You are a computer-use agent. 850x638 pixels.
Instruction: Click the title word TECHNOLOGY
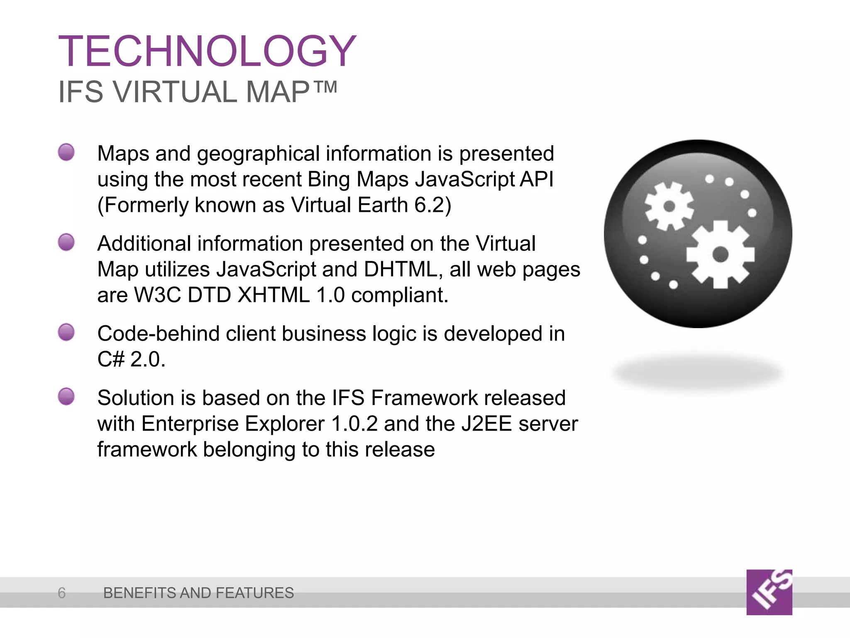click(207, 51)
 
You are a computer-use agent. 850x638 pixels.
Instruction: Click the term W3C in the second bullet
click(157, 295)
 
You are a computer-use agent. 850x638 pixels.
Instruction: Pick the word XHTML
click(274, 295)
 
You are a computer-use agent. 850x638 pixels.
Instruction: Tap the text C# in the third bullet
click(110, 359)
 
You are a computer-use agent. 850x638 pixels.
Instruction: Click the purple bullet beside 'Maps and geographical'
click(66, 152)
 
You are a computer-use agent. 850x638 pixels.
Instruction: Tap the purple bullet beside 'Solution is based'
click(66, 397)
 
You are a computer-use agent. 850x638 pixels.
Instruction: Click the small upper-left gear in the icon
click(669, 206)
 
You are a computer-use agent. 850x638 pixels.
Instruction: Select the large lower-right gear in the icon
click(720, 254)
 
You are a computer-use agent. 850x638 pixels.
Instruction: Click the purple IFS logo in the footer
click(769, 592)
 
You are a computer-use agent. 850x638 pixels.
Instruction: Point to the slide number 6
click(62, 593)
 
